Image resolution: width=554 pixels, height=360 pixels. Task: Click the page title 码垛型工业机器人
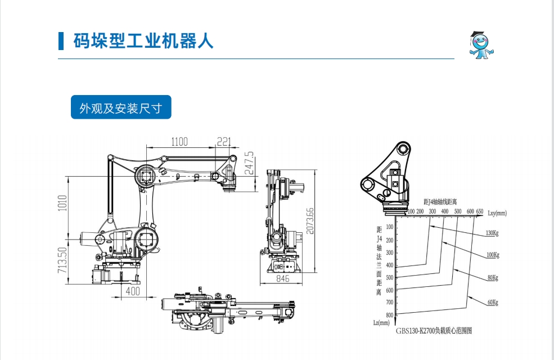coord(143,40)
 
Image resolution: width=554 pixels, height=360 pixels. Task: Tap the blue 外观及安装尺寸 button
coord(121,107)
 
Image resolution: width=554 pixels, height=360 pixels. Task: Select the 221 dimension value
coord(224,142)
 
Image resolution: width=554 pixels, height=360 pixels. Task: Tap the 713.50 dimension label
coord(62,259)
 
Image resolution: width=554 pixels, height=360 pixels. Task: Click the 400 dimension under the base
coord(133,291)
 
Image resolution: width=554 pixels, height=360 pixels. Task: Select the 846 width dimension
coord(282,278)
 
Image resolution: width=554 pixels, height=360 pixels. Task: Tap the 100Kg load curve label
coord(492,255)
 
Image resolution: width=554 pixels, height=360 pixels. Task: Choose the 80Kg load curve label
coord(492,278)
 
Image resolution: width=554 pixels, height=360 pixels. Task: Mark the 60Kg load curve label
coord(492,302)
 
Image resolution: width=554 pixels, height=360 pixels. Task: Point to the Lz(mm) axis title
coord(381,322)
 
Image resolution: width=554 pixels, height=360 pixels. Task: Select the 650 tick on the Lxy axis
coord(479,211)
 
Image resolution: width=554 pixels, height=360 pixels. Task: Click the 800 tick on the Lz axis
coord(389,315)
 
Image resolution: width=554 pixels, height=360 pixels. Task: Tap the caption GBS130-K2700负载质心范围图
coord(433,331)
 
